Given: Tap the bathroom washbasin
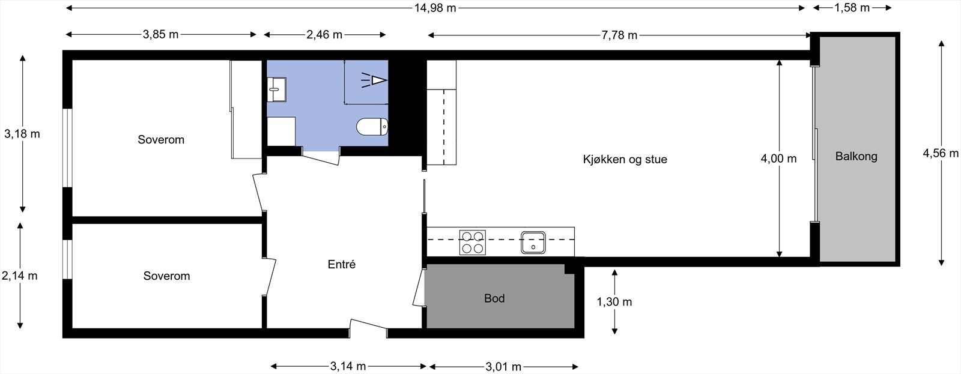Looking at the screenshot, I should [277, 89].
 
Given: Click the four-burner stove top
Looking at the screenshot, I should [472, 242].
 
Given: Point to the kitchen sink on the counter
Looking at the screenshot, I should [533, 242].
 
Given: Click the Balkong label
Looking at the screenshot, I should [856, 157].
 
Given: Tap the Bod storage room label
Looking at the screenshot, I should [494, 298].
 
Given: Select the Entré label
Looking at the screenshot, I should [342, 264].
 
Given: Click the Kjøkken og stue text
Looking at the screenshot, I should [625, 160].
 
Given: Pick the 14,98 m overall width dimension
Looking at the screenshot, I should [435, 8].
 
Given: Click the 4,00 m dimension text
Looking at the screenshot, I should [778, 159].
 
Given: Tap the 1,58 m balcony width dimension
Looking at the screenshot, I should [852, 8].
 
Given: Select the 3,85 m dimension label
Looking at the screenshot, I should [160, 35].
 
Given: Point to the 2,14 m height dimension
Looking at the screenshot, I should [20, 276].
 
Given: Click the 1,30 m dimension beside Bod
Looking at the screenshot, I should [614, 302].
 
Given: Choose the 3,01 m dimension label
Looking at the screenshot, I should [503, 366].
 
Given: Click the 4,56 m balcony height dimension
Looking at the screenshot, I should [941, 153].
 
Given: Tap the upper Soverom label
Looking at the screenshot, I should [161, 140].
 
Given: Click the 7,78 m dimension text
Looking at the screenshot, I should [619, 35].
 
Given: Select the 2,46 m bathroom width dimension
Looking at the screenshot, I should [324, 35].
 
